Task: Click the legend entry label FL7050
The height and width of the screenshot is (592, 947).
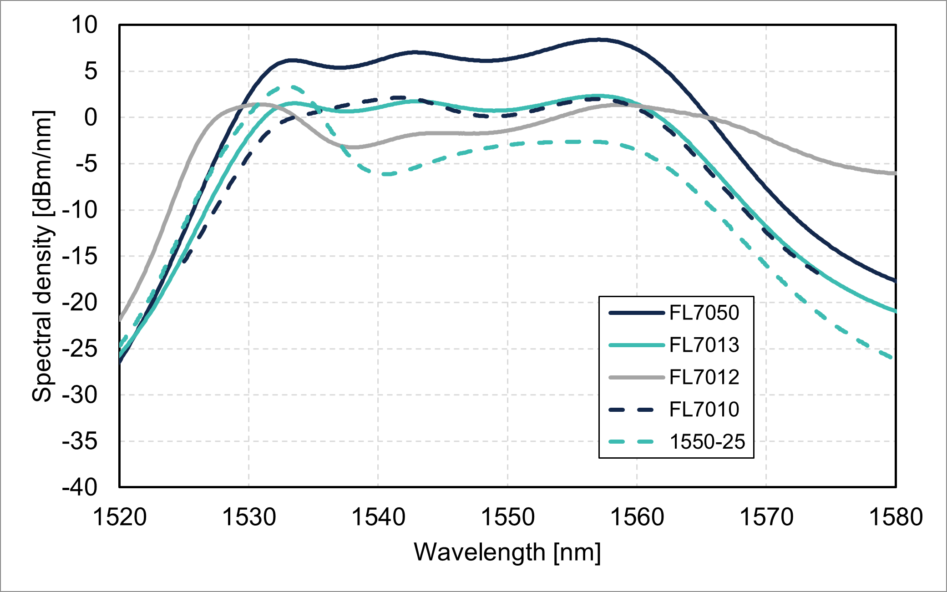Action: tap(704, 313)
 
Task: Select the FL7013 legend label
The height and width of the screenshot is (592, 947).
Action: tap(704, 345)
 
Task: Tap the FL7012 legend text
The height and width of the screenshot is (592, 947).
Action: tap(704, 377)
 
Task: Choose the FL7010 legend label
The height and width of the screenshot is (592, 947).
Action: tap(704, 410)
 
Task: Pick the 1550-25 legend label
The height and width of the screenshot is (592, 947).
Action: tap(707, 442)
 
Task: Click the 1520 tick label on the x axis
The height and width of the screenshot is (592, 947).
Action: tap(120, 517)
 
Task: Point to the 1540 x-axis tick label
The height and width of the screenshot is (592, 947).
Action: tap(378, 517)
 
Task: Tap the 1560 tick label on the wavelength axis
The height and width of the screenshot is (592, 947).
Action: tap(637, 517)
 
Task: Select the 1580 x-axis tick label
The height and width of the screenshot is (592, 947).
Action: tap(896, 517)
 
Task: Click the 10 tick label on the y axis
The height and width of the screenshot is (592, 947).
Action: tap(84, 25)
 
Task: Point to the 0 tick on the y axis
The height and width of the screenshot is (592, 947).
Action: tap(91, 117)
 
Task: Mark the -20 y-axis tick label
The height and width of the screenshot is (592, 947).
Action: tap(80, 302)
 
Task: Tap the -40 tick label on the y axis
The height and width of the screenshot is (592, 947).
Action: tap(80, 487)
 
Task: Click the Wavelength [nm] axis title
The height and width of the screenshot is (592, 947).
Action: tap(507, 552)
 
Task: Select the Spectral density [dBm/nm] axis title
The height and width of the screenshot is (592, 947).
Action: tap(43, 256)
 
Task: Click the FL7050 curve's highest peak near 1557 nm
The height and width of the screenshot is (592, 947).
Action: tap(601, 40)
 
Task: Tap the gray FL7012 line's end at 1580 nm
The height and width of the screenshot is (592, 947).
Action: tap(895, 173)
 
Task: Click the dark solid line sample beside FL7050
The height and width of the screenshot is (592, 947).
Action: tap(636, 313)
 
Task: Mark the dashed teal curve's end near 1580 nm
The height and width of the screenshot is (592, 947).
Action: tap(891, 358)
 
